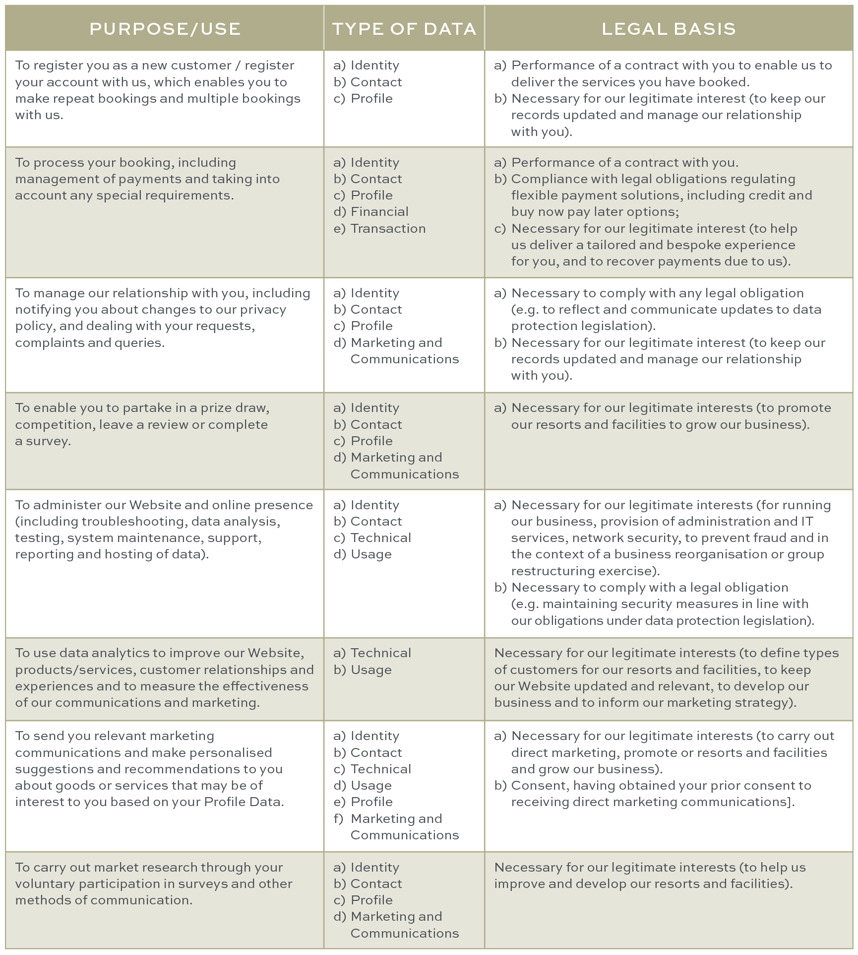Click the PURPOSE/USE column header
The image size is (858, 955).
click(x=165, y=29)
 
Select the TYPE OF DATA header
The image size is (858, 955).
click(x=404, y=29)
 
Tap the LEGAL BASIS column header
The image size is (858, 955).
click(x=669, y=29)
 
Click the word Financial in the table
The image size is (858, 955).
click(x=379, y=212)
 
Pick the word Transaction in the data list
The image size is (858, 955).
click(x=388, y=229)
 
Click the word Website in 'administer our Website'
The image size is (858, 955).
click(x=155, y=505)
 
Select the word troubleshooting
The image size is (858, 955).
click(x=134, y=522)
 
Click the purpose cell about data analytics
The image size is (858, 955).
click(x=164, y=678)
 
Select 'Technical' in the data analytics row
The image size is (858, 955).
click(x=380, y=653)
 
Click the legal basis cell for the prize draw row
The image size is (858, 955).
click(x=668, y=441)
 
